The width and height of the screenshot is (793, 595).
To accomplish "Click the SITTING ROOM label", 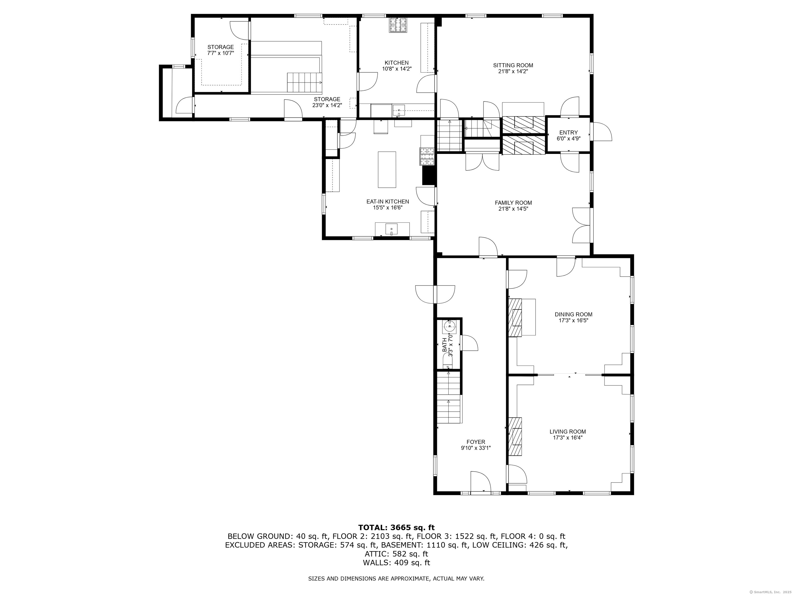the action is tap(513, 65).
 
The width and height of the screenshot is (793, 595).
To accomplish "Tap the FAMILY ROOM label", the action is tap(513, 203).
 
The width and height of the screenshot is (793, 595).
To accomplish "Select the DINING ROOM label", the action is tap(574, 315).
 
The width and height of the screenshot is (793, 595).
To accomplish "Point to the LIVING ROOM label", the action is tap(568, 432).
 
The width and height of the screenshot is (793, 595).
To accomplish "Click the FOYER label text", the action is tap(476, 442).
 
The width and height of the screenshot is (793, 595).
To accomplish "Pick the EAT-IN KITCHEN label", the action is tap(387, 201).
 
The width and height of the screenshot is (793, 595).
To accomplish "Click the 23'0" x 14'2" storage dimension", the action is tap(327, 105).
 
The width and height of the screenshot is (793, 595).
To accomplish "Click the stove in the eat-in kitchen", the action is tap(427, 156).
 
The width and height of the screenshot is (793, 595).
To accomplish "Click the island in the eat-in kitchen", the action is tap(387, 169).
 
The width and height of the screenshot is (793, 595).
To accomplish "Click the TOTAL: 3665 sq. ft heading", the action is tap(396, 528).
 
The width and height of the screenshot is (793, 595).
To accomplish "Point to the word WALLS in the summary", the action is tap(376, 563).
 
